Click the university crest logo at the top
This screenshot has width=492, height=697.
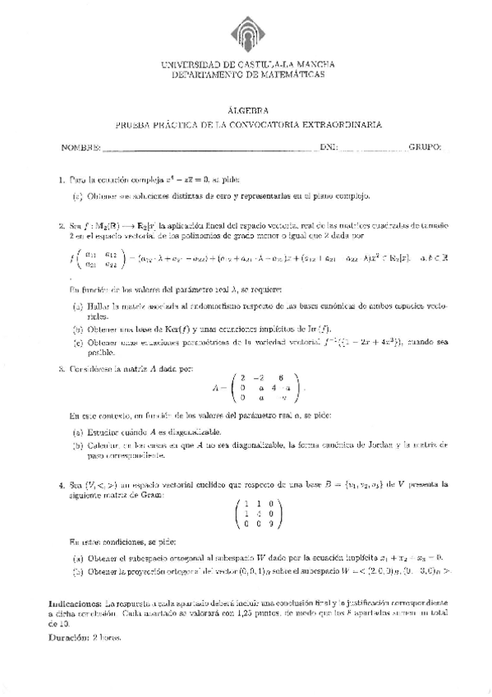click(x=246, y=30)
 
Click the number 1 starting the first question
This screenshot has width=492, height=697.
click(x=62, y=178)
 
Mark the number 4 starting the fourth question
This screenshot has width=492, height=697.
click(x=62, y=485)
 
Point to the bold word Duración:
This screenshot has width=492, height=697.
click(x=71, y=637)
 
